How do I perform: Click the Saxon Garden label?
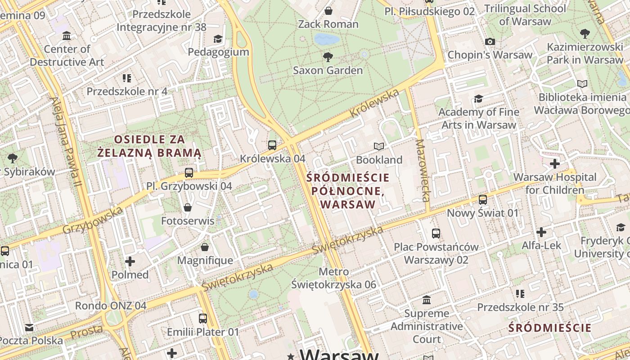coord(328,70)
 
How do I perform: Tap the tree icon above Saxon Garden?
coord(328,57)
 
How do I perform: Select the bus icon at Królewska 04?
coord(272,145)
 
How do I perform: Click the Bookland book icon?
coord(379,146)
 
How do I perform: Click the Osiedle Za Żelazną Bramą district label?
coord(149,146)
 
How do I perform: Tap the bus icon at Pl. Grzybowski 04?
coord(189,172)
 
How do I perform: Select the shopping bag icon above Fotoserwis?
coord(188,207)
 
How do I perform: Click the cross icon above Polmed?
coord(130,261)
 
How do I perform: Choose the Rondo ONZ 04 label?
coord(111,306)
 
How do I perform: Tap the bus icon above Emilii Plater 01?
coord(203,318)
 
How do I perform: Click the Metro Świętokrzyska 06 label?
coord(333,278)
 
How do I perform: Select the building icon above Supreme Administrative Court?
coord(427,300)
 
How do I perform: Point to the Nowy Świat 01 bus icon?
coord(483,199)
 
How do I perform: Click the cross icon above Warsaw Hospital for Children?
coord(555,163)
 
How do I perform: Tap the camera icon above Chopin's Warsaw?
coord(490,41)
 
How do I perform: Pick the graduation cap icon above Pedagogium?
coord(218,39)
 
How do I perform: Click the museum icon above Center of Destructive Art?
coord(67,36)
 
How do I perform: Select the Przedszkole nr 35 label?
coord(520,307)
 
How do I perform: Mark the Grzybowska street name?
coord(93,220)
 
